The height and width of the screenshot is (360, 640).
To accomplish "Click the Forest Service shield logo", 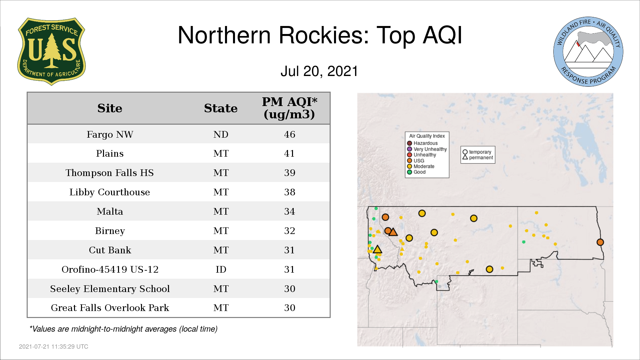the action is [x=51, y=51].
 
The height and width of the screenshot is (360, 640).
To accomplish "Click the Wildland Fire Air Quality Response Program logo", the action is [x=588, y=52].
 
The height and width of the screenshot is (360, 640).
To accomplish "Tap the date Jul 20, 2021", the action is [x=319, y=71].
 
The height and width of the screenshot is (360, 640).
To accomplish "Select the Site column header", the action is [x=110, y=108].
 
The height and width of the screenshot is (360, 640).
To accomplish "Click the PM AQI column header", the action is [x=289, y=108].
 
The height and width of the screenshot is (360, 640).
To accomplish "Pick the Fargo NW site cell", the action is [x=110, y=134].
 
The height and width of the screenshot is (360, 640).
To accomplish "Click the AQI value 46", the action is [x=289, y=134].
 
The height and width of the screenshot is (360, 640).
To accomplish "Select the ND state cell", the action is [x=221, y=134].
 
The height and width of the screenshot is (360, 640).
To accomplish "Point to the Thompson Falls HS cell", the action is [x=110, y=173].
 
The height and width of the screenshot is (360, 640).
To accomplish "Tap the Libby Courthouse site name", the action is [x=110, y=192].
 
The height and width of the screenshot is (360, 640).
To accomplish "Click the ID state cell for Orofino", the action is [x=221, y=269].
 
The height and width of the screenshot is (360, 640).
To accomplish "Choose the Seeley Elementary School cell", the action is [x=110, y=289].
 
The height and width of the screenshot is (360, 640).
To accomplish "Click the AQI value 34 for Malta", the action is [x=289, y=211].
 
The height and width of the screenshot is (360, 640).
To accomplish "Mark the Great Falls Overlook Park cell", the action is [x=110, y=308].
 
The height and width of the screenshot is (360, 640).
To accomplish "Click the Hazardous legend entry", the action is [x=422, y=143].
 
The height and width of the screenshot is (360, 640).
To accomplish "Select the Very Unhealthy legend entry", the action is [x=427, y=149].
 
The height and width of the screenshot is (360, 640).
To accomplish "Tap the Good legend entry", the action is [x=416, y=172].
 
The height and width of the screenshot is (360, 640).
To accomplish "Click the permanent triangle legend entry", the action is [x=478, y=157].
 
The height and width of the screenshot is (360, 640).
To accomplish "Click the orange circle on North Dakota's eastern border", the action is [x=600, y=242].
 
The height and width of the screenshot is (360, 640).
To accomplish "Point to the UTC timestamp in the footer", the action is [x=54, y=347].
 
